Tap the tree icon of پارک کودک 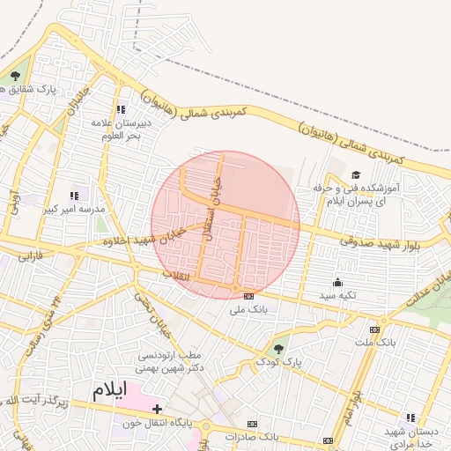[279, 349]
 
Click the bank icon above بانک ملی [248, 296]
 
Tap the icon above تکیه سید [337, 283]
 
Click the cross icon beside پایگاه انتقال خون [157, 409]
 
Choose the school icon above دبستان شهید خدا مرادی [410, 418]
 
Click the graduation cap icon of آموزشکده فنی [356, 175]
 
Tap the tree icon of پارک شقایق [15, 76]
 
